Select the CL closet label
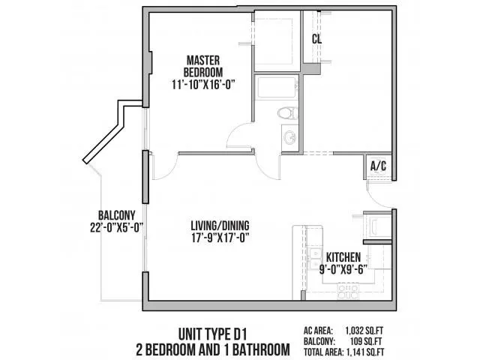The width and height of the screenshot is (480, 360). tap(317, 39)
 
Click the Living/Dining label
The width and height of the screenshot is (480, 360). tap(220, 224)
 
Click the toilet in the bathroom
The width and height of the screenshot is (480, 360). tap(284, 114)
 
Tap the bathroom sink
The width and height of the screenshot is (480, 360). tap(289, 137)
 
